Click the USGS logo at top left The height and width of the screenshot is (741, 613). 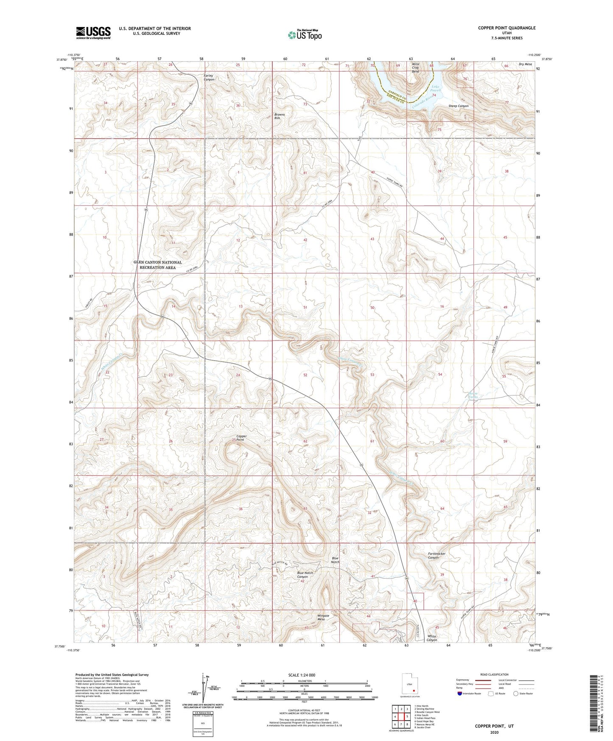[93, 33]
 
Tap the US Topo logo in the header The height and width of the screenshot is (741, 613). [304, 35]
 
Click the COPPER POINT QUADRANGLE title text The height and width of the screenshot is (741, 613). [507, 28]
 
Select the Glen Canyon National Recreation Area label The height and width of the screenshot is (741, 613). [157, 265]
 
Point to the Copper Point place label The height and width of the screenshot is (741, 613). [241, 438]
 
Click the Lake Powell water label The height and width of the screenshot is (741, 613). [435, 88]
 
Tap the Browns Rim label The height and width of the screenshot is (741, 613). [279, 116]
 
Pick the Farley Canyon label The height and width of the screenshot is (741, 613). [208, 78]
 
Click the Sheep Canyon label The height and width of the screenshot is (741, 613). [458, 106]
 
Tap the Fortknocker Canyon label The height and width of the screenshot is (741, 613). [437, 556]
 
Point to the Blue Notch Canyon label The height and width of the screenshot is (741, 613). [305, 575]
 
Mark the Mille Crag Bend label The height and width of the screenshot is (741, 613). [416, 68]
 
